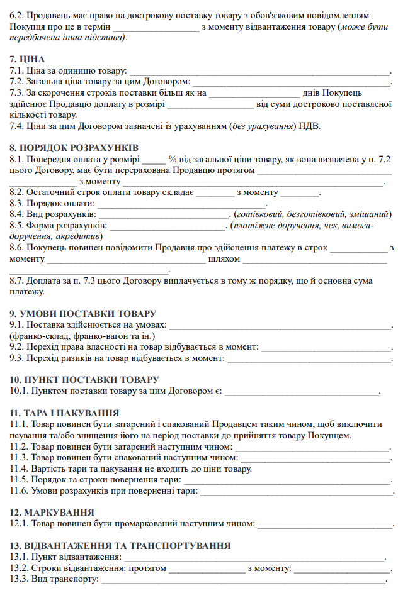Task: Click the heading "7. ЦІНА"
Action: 27,59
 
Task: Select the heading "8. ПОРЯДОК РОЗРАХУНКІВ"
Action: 74,147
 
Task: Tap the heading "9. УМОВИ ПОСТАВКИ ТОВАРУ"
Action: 82,313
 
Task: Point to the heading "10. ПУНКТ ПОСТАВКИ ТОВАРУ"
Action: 84,380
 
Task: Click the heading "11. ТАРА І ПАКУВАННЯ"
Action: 65,413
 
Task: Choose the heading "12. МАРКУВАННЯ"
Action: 52,513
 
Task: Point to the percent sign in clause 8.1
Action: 172,160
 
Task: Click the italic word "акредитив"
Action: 77,236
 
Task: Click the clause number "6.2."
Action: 18,14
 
